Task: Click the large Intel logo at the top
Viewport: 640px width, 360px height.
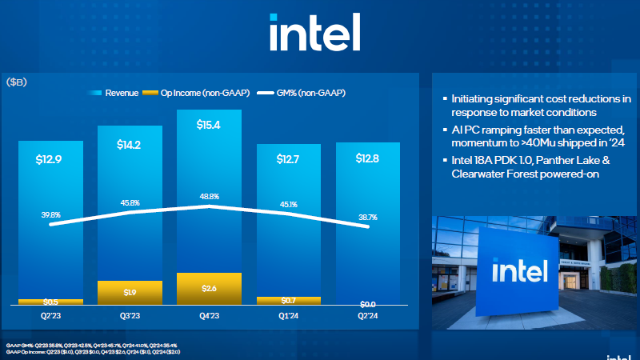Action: pyautogui.click(x=314, y=33)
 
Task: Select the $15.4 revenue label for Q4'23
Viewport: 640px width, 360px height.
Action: pyautogui.click(x=209, y=126)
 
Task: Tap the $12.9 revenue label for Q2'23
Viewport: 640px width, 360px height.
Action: pyautogui.click(x=50, y=159)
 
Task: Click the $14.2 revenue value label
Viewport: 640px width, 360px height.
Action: pyautogui.click(x=130, y=145)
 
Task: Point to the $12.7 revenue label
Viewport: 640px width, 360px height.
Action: pyautogui.click(x=288, y=159)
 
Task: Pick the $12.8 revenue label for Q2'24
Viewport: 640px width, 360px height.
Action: pyautogui.click(x=368, y=158)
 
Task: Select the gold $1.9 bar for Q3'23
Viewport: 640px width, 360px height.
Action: pyautogui.click(x=130, y=293)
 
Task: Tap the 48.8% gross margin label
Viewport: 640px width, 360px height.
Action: pyautogui.click(x=209, y=196)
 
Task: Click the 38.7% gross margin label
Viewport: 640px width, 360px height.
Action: pyautogui.click(x=368, y=217)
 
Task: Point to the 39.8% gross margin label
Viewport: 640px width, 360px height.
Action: pyautogui.click(x=50, y=214)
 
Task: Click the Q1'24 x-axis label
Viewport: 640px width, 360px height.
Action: pyautogui.click(x=288, y=315)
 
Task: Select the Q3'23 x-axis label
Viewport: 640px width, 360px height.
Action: pyautogui.click(x=130, y=315)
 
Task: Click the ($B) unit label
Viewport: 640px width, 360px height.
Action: pyautogui.click(x=17, y=83)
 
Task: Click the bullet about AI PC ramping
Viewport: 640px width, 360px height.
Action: pyautogui.click(x=535, y=136)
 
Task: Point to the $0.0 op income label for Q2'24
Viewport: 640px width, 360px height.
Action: pyautogui.click(x=368, y=305)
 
